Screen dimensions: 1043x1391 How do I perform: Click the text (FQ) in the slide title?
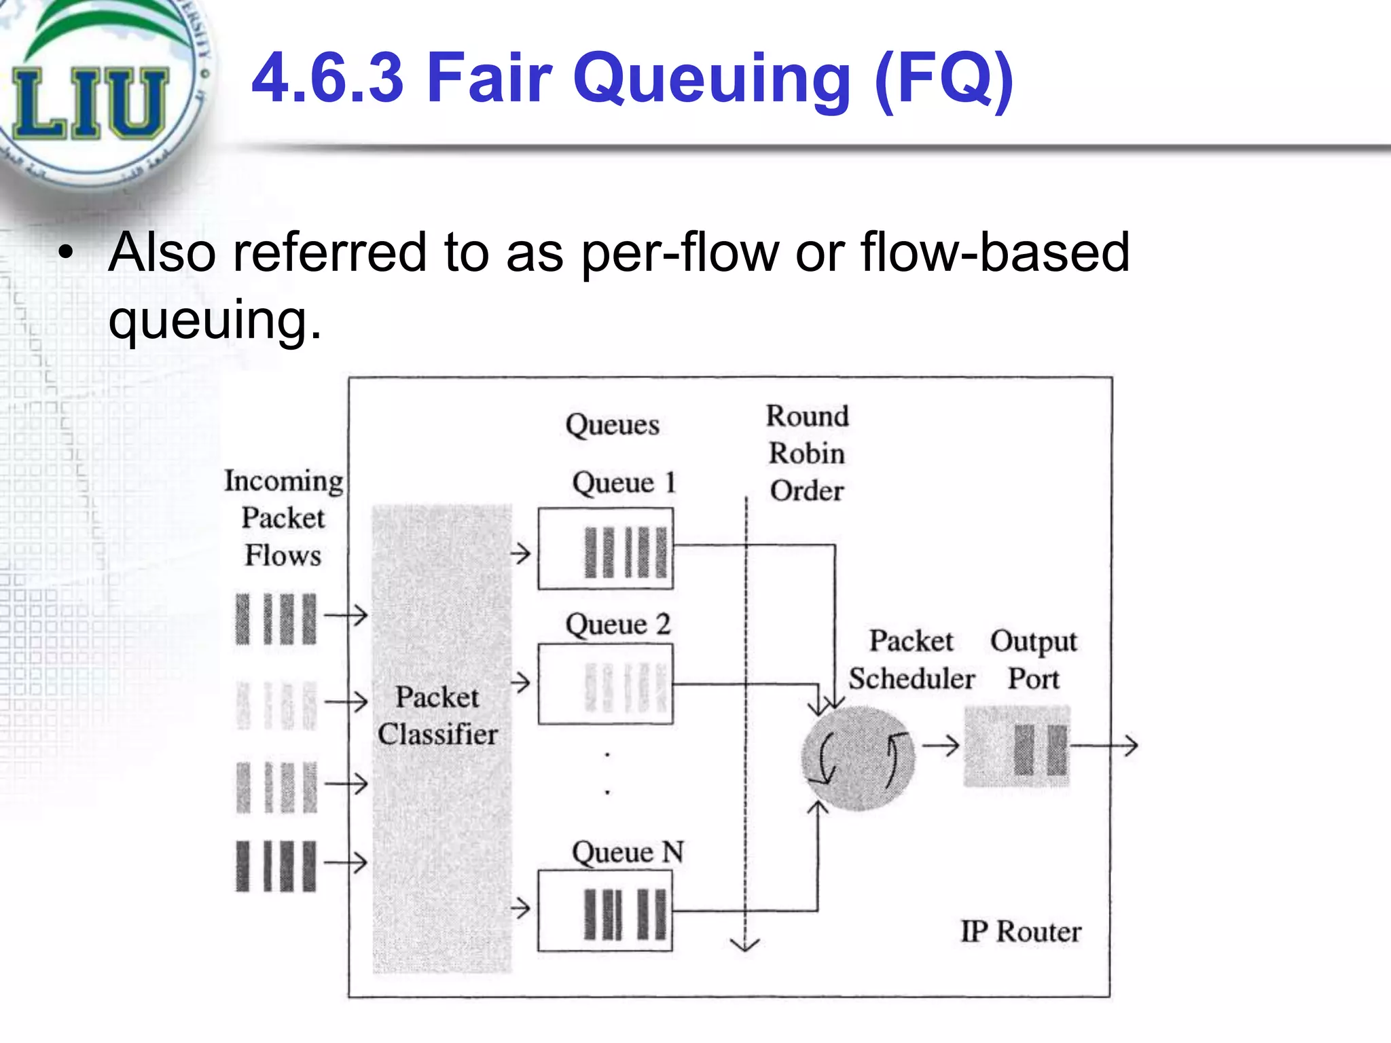coord(944,80)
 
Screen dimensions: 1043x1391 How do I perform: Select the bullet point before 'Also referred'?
coord(65,253)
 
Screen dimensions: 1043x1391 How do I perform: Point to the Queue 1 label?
coord(624,483)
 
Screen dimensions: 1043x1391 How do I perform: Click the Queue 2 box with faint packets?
coord(605,684)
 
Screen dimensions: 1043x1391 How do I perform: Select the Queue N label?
coord(627,852)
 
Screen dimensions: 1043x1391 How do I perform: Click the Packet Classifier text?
coord(438,716)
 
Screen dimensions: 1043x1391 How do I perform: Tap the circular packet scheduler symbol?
coord(857,758)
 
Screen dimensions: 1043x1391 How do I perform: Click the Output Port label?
coord(1033,659)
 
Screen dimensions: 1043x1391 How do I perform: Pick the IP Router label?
coord(1020,932)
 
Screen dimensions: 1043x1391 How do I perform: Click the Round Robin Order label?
coord(807,453)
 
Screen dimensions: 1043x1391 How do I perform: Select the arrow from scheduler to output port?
coord(941,746)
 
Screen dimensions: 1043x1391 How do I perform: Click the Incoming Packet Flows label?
coord(283,517)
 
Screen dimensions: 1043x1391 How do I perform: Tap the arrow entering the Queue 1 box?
coord(520,553)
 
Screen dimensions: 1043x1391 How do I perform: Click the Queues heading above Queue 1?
coord(612,425)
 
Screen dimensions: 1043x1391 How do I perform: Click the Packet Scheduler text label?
coord(911,659)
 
